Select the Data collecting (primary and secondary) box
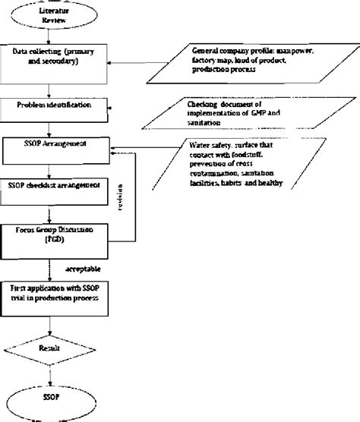[57, 58]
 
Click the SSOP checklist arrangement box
[57, 187]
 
